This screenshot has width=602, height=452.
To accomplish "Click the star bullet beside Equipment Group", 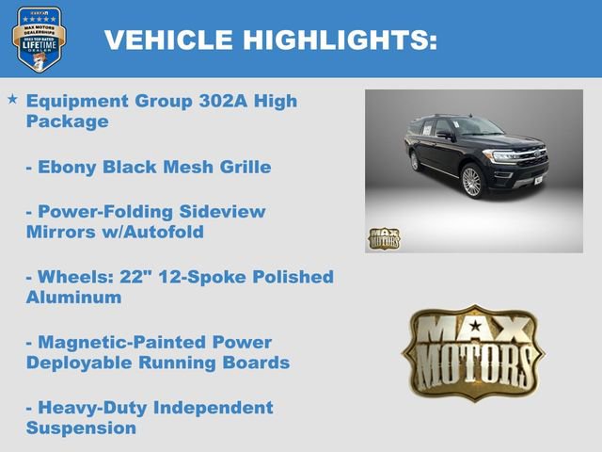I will click(12, 99).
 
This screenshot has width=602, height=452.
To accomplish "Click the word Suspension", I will click(81, 427).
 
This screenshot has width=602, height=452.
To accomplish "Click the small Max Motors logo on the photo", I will click(384, 238).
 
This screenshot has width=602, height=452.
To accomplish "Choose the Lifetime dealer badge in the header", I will click(39, 39).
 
